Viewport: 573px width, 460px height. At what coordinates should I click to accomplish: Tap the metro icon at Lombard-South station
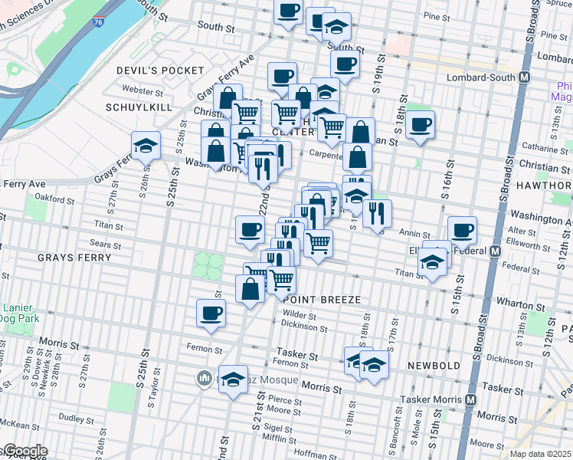click(525, 77)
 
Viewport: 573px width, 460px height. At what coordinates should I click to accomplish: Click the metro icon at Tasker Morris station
click(470, 400)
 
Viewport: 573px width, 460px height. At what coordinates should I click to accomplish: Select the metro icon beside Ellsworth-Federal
click(495, 251)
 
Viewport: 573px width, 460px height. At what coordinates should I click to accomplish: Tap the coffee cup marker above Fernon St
click(211, 312)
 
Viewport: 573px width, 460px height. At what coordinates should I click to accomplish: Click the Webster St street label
click(138, 90)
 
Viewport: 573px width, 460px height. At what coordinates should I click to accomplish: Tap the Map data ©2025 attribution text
click(541, 454)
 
